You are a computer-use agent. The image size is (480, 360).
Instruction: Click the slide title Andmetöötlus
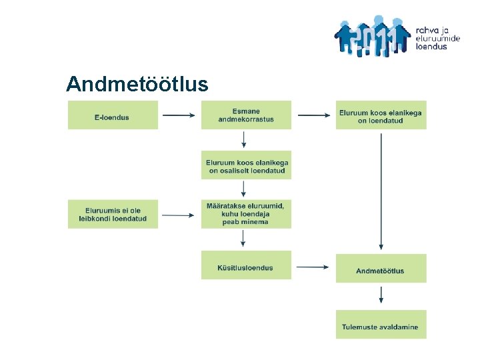coord(137,85)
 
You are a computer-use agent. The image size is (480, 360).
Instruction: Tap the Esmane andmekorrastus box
coord(246,115)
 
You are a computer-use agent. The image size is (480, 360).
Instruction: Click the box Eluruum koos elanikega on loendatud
coord(381,116)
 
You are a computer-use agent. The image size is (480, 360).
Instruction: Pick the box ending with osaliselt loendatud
coord(246,166)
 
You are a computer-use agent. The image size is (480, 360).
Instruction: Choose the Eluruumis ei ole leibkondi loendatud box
coord(113,214)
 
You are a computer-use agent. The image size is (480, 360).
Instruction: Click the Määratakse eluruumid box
coord(246,214)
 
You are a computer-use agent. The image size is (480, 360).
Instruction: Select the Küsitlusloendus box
coord(246,267)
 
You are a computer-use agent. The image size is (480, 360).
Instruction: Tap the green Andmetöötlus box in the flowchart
coord(381,270)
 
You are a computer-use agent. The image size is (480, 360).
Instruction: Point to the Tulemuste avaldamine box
coord(381,326)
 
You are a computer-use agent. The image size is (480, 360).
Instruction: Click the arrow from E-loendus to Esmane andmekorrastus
coord(179,115)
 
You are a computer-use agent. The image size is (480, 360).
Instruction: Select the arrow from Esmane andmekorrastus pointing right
coord(313,115)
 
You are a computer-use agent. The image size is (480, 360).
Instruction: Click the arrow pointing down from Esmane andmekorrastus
coord(244,139)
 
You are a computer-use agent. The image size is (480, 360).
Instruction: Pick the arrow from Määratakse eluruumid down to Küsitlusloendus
coord(244,238)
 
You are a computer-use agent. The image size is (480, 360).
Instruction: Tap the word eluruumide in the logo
coord(438,39)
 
